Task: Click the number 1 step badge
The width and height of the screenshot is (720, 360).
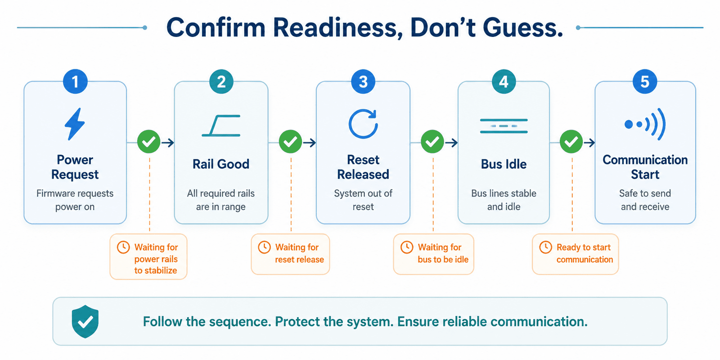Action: click(75, 81)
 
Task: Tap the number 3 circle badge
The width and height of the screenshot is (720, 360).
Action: click(363, 81)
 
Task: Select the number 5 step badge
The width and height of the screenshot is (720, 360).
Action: click(645, 81)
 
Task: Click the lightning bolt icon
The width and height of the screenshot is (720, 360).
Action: click(75, 124)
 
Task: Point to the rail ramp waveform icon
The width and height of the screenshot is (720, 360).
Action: click(221, 126)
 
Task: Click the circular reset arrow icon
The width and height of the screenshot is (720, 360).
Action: click(363, 124)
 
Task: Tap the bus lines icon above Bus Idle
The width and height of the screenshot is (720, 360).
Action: click(504, 126)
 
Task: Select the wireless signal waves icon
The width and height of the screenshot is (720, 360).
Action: click(645, 124)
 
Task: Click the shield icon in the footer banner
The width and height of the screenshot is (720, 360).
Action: click(85, 321)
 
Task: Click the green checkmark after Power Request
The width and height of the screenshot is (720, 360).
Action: click(149, 142)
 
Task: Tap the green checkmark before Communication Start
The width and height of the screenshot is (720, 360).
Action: click(571, 142)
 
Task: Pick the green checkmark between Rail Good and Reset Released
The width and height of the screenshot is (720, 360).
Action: click(291, 142)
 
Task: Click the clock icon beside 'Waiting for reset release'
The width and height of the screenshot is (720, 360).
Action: click(264, 247)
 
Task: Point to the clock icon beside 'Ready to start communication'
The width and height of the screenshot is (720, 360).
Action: click(545, 247)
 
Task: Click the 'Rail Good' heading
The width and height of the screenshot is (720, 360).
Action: click(221, 164)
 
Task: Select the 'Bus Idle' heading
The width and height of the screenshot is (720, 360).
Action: click(504, 164)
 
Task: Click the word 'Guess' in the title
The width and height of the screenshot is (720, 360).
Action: click(522, 27)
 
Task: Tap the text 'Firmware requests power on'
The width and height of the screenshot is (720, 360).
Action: click(75, 200)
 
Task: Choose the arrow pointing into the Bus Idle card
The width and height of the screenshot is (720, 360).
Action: click(451, 142)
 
